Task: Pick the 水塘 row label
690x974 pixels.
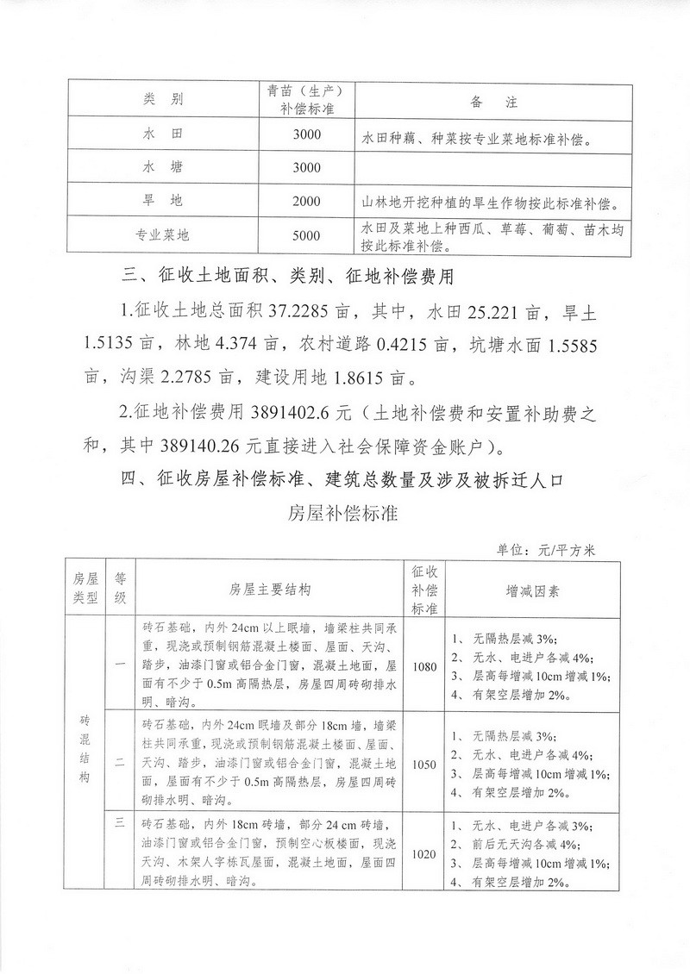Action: click(x=163, y=167)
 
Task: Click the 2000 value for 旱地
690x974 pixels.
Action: click(x=306, y=202)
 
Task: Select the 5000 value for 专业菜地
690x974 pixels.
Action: click(x=306, y=235)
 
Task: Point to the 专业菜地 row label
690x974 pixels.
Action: click(x=163, y=235)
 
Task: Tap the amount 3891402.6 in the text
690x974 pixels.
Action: click(x=287, y=413)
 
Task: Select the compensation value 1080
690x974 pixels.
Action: click(x=425, y=666)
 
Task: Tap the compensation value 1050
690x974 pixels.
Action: click(x=425, y=762)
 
